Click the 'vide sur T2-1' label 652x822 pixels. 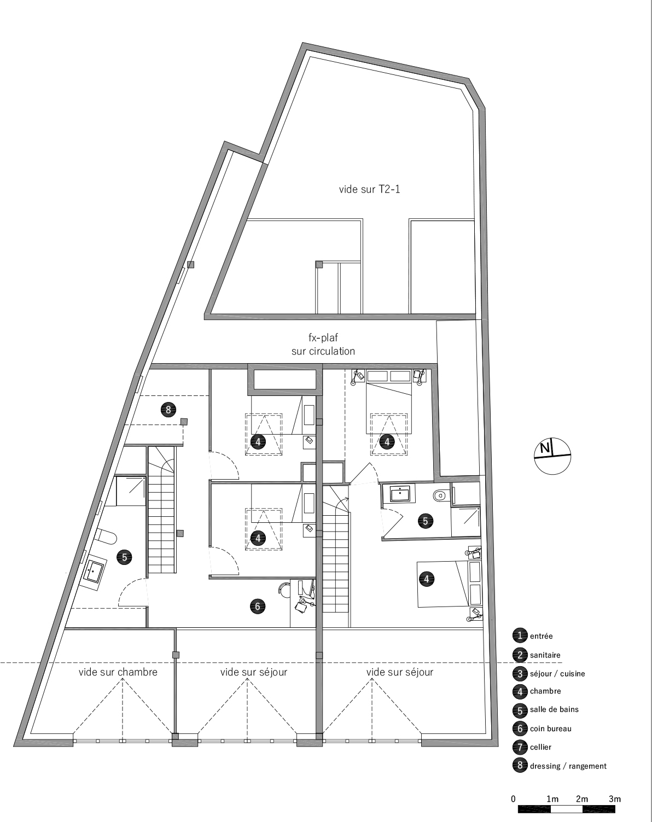365,189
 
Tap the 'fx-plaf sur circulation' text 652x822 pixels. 323,345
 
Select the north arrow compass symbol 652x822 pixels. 552,456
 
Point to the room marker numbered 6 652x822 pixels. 258,606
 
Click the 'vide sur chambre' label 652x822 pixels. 118,672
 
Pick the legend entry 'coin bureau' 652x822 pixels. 550,728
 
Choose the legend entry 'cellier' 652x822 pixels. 540,747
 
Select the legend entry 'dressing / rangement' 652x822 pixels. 568,766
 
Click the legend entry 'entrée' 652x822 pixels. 541,636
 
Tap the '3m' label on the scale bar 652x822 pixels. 615,799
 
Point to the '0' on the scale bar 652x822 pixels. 513,799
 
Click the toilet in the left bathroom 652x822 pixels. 105,537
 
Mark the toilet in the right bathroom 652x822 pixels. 439,497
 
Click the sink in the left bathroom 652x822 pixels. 92,572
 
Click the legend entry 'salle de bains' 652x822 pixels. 554,709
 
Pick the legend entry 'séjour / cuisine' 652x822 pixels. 557,673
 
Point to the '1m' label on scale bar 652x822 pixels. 552,799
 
